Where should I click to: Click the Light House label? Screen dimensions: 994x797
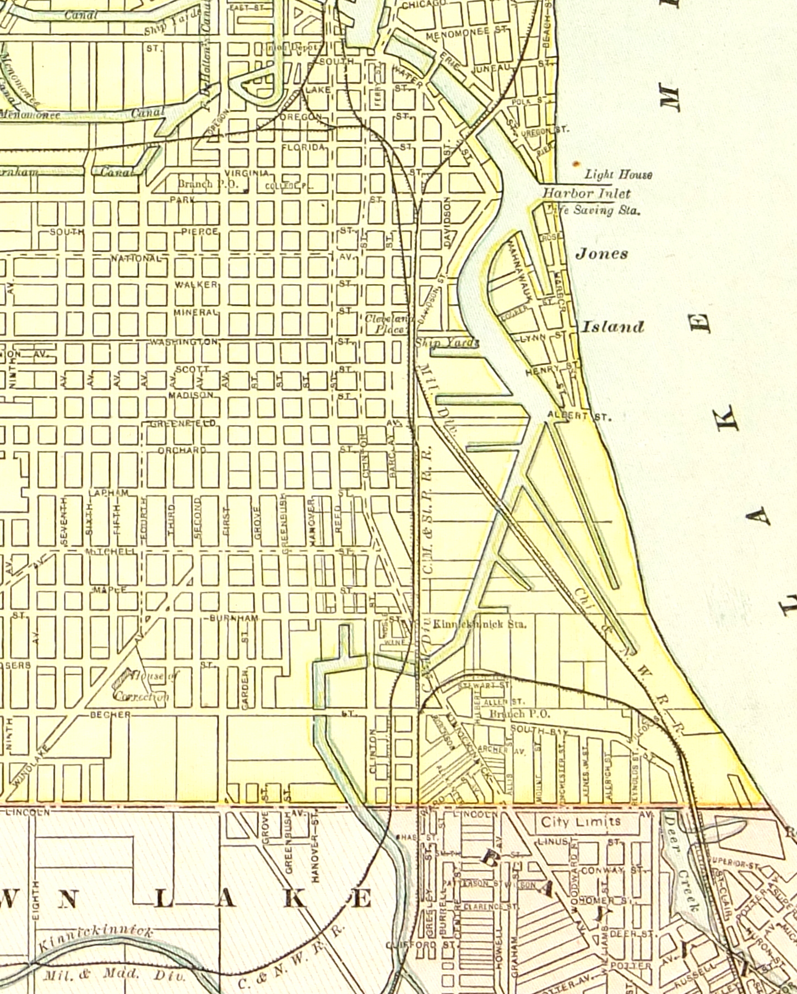click(618, 175)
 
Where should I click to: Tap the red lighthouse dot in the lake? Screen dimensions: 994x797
click(576, 164)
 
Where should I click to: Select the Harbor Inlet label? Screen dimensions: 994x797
click(586, 193)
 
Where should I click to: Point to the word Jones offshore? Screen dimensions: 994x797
click(601, 254)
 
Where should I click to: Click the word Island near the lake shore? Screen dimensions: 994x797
click(613, 327)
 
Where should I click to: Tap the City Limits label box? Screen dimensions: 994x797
click(581, 822)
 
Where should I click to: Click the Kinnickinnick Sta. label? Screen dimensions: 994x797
click(480, 624)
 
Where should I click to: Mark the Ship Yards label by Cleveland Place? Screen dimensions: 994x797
click(447, 343)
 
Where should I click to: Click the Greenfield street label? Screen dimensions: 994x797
click(176, 423)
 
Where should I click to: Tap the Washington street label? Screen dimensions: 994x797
click(184, 341)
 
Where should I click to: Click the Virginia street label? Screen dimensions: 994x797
click(246, 173)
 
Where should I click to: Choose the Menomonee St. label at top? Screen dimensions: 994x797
click(465, 31)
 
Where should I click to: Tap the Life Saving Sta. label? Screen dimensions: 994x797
click(593, 210)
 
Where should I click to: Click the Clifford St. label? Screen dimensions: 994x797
click(420, 945)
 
